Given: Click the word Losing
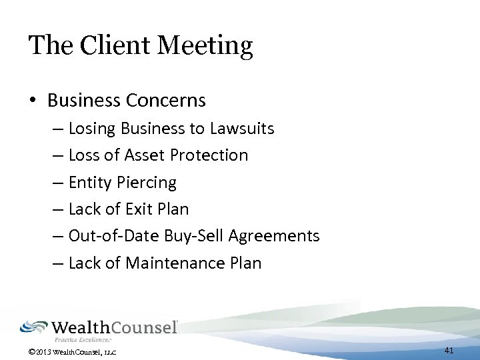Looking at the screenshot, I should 91,129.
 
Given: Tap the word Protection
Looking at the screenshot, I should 209,155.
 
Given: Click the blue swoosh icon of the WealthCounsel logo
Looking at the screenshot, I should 33,327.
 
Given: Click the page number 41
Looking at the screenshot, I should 449,350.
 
